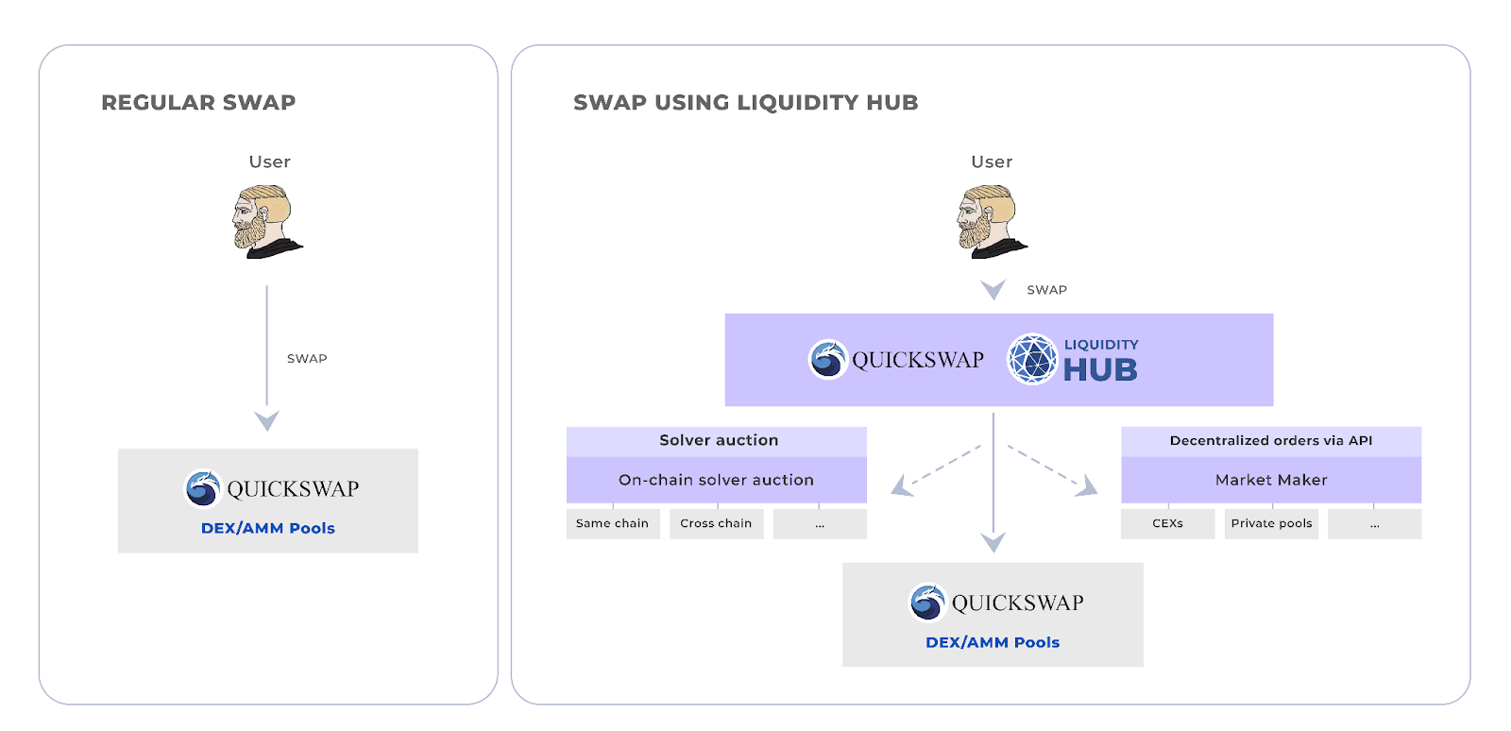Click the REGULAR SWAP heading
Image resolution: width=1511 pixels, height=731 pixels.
click(198, 102)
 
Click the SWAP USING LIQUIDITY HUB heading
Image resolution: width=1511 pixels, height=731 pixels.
click(745, 102)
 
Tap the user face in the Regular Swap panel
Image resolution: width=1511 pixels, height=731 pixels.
click(265, 222)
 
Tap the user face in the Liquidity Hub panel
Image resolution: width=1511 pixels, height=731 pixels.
click(990, 222)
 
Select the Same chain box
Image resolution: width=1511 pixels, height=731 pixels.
click(613, 523)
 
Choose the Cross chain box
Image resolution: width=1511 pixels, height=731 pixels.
click(716, 523)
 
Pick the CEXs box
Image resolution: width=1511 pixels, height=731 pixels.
click(1167, 523)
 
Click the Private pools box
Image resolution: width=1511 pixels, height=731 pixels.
click(1271, 523)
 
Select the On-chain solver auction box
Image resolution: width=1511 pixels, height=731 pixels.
click(716, 480)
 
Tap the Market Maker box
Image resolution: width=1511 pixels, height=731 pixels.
click(1271, 480)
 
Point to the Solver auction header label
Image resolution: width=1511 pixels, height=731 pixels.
click(719, 440)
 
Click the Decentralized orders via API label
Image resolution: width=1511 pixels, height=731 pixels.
click(1271, 440)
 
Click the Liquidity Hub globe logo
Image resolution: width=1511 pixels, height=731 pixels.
click(1032, 360)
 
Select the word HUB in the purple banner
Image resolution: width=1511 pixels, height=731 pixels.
click(1100, 370)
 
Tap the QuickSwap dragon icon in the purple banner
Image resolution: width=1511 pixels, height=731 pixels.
click(828, 360)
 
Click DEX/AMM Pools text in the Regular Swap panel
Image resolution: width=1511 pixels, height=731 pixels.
click(268, 528)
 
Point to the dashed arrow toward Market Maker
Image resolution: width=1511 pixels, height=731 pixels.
click(1051, 468)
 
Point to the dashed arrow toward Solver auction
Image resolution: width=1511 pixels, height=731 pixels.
click(938, 468)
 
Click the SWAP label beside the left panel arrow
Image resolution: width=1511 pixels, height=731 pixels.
click(307, 359)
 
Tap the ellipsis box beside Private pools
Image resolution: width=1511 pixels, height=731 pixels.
click(1374, 523)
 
